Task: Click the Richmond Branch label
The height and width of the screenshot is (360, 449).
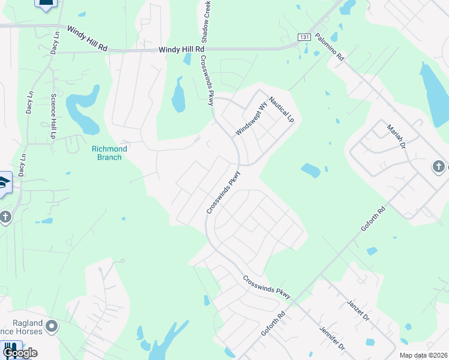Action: click(x=106, y=153)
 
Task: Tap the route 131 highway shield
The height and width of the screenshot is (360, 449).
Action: click(x=304, y=37)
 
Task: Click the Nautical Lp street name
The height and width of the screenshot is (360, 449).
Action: click(x=282, y=110)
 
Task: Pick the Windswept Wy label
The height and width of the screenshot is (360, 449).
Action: click(x=251, y=119)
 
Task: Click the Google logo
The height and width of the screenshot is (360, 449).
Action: click(x=20, y=353)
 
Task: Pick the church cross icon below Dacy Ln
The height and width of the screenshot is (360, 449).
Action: click(x=5, y=217)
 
